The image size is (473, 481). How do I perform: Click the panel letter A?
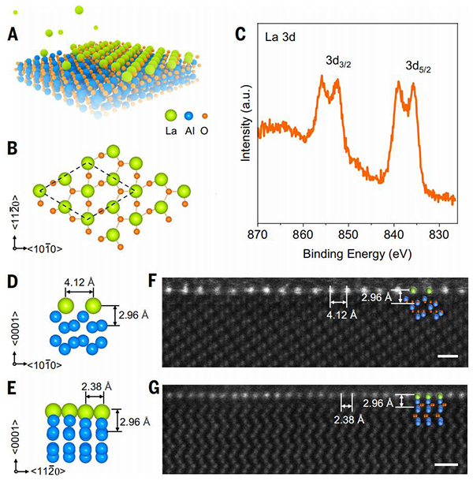pos(13,35)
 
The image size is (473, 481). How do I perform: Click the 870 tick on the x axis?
pos(258,237)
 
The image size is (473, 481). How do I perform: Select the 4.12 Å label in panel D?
pos(80,280)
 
